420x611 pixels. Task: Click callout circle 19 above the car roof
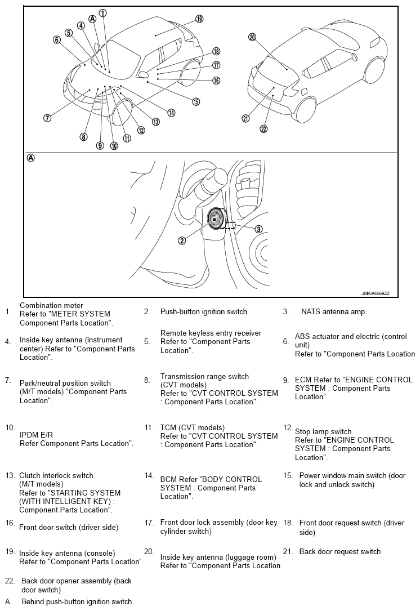click(x=199, y=19)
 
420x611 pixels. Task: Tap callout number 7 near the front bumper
click(x=47, y=118)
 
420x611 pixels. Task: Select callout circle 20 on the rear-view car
click(x=252, y=37)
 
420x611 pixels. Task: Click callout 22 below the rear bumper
click(x=263, y=129)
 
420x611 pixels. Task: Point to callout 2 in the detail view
click(x=182, y=240)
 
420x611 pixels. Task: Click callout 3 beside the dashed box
click(x=259, y=229)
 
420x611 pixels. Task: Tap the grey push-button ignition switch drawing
click(x=216, y=219)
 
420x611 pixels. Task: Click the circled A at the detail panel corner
click(x=30, y=158)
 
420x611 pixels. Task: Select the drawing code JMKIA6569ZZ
click(x=375, y=293)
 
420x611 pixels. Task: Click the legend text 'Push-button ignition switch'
click(x=203, y=312)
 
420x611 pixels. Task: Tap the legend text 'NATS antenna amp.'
click(x=334, y=312)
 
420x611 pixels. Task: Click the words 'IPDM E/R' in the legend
click(x=36, y=435)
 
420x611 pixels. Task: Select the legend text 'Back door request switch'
click(x=339, y=551)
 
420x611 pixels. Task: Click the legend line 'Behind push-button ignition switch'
click(x=77, y=601)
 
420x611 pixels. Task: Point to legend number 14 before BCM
click(x=149, y=475)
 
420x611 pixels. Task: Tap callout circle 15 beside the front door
click(x=196, y=101)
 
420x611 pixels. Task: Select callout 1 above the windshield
click(x=102, y=14)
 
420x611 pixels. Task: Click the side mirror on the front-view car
click(x=143, y=74)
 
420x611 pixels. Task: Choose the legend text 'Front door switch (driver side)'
click(x=69, y=527)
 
